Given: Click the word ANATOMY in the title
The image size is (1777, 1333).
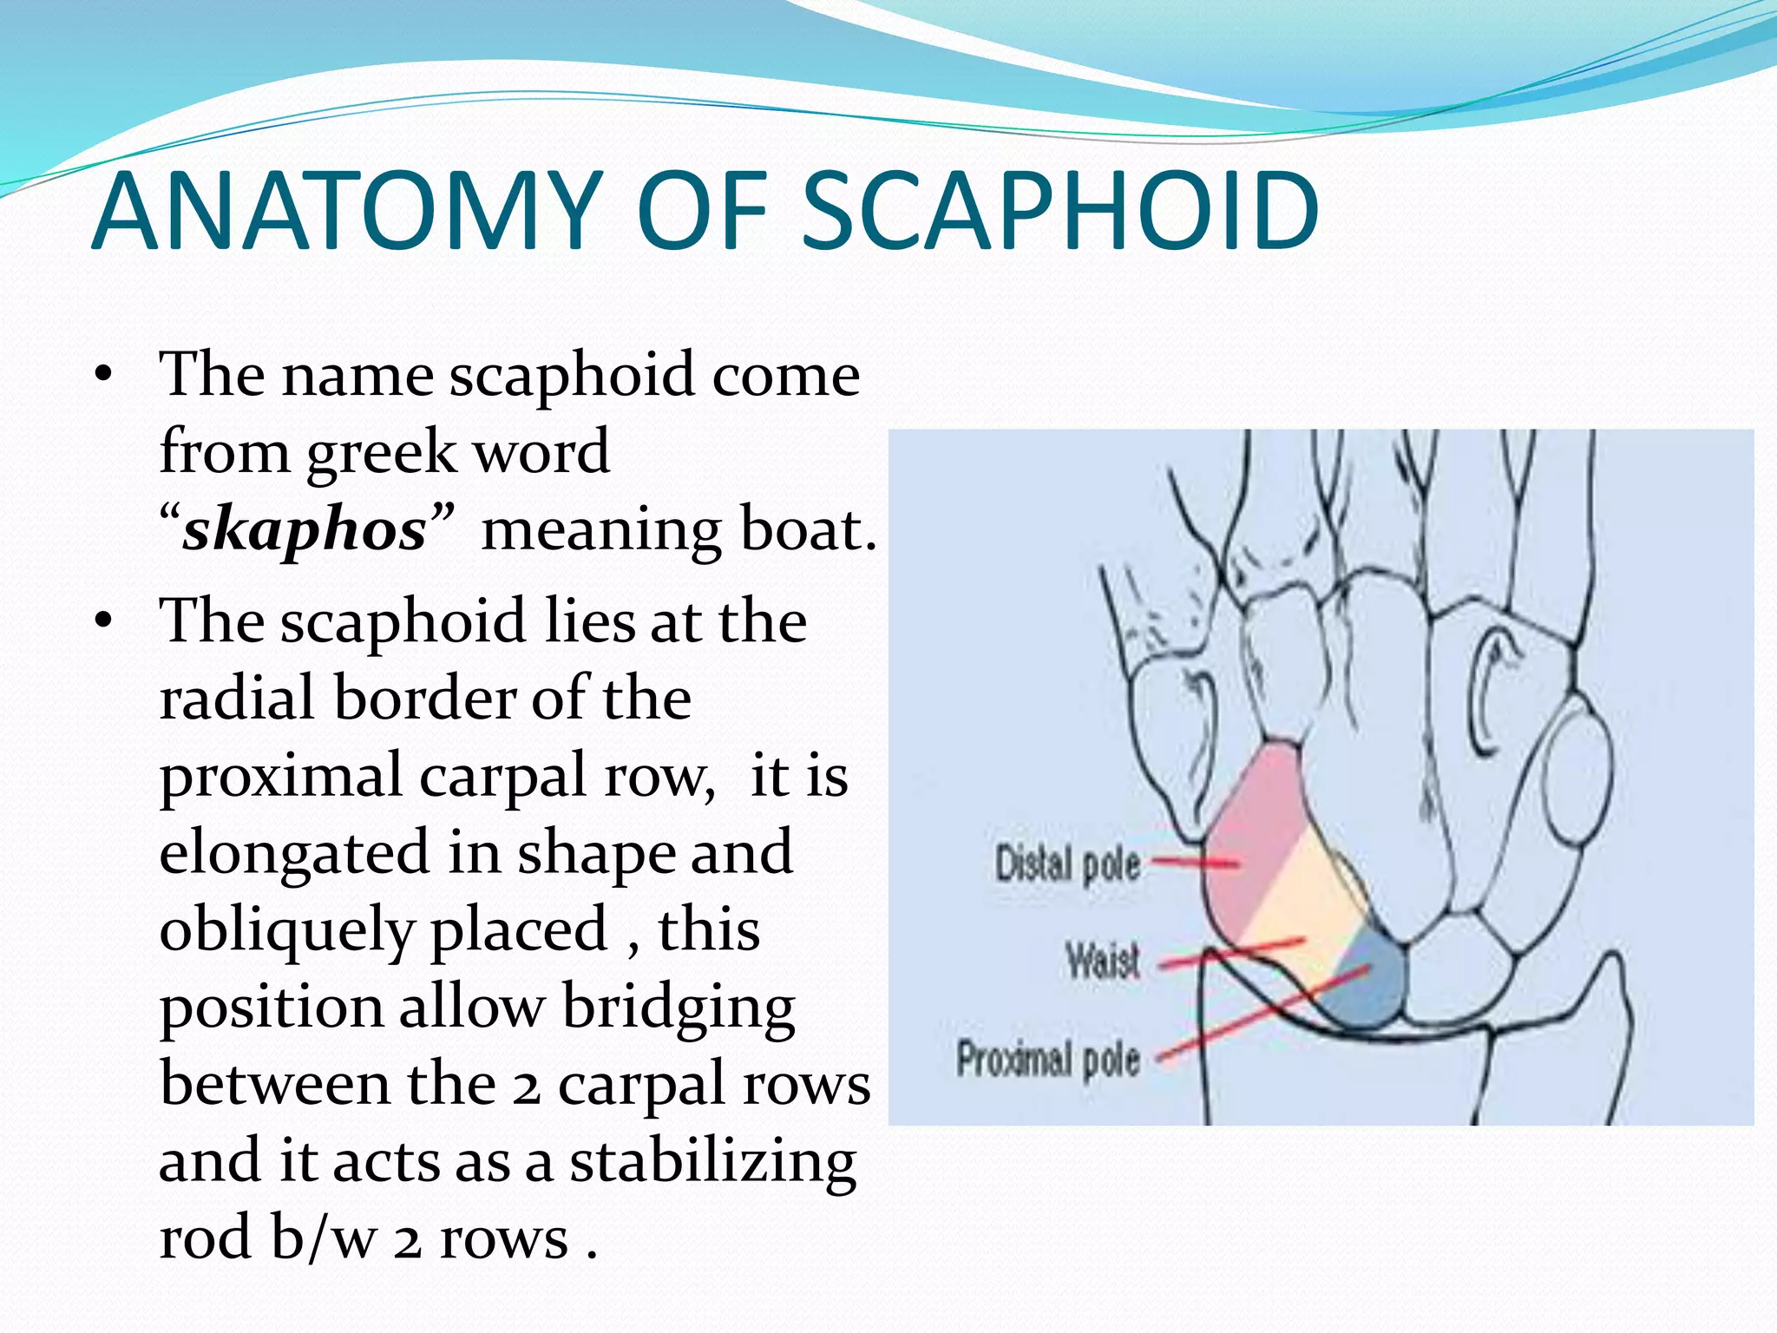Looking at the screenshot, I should [x=347, y=212].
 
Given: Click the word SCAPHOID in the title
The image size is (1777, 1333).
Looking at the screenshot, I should [x=1059, y=212].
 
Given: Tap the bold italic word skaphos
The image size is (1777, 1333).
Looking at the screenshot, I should [x=305, y=529].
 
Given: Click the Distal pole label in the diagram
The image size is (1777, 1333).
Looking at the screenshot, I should [x=1067, y=864].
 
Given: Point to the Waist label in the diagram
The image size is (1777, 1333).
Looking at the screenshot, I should [x=1102, y=962].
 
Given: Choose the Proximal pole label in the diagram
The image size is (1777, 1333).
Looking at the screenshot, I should [x=1047, y=1059].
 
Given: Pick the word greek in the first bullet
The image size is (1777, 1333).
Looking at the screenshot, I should [x=382, y=453].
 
